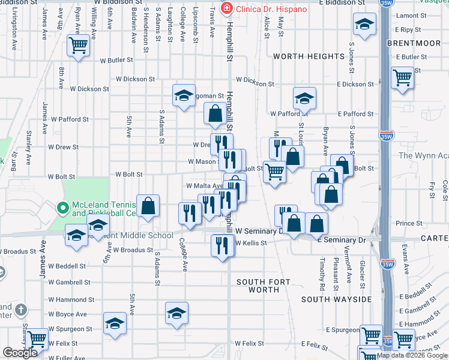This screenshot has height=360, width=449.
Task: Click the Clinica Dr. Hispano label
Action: [x=271, y=9]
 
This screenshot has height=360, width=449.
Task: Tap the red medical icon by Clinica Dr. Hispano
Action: [x=226, y=9]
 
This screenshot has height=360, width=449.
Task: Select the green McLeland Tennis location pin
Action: [x=61, y=208]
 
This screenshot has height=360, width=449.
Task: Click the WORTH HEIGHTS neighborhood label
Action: [x=309, y=56]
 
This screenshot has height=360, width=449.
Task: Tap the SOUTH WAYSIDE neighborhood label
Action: [x=336, y=299]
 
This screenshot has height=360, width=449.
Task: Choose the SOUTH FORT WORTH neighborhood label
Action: [x=258, y=286]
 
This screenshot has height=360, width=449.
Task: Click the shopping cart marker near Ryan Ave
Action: [x=78, y=45]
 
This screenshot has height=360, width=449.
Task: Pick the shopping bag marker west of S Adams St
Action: [x=148, y=206]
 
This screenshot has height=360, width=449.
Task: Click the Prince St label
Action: [x=408, y=223]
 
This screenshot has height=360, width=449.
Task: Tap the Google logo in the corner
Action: [x=20, y=353]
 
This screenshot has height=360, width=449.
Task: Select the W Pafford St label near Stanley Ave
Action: [x=70, y=119]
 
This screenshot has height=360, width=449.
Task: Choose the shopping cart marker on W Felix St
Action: [x=37, y=339]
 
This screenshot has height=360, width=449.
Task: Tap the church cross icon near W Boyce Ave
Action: [x=21, y=310]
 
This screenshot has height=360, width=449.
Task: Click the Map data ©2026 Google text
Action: [x=412, y=355]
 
